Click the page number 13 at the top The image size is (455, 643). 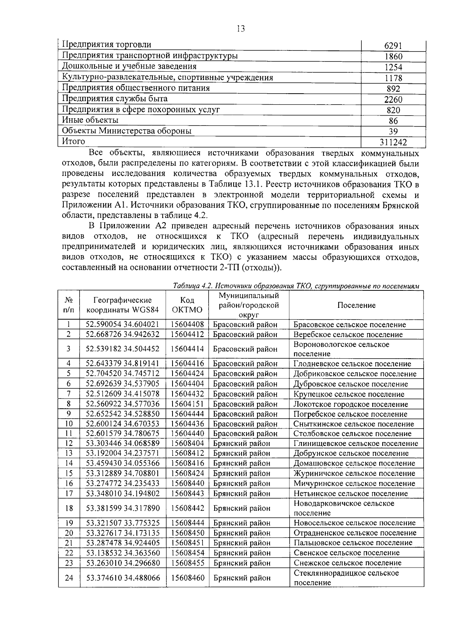point(240,29)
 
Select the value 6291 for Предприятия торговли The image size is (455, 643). point(393,46)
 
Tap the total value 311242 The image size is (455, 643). point(393,142)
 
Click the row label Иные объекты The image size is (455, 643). point(90,120)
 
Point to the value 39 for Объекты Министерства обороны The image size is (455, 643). point(393,132)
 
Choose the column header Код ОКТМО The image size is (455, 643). point(187,305)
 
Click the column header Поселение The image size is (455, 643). point(356,305)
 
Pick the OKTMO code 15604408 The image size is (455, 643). point(187,325)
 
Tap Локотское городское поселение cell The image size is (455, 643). point(350,404)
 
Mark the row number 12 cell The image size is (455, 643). point(69,443)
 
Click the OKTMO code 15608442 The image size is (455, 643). point(187,508)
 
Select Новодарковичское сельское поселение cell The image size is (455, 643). point(344,508)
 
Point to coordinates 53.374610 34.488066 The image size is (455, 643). point(123,578)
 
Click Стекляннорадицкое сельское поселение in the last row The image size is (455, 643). point(346,578)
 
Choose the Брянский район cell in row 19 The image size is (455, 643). point(242,523)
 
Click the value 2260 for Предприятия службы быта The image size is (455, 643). point(393,100)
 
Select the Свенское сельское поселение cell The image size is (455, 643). point(346,553)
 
